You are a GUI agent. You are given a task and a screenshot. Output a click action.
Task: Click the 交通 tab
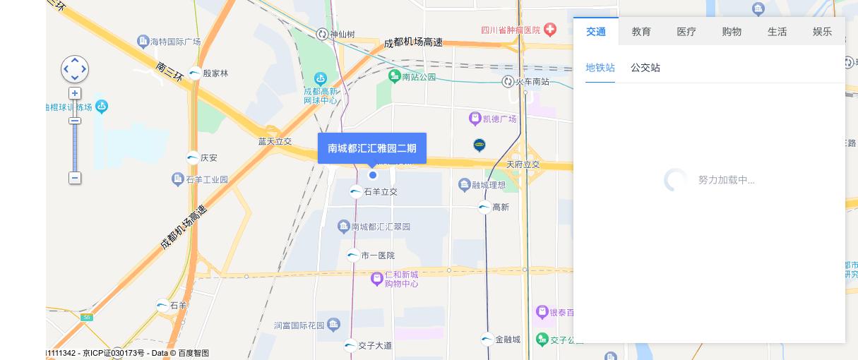pos(596,32)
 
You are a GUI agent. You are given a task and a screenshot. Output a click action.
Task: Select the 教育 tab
pos(641,32)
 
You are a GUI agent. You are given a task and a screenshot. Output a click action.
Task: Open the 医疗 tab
pos(686,32)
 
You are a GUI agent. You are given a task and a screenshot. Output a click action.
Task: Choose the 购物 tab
pos(732,32)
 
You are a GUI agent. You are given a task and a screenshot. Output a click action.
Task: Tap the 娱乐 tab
pos(822,32)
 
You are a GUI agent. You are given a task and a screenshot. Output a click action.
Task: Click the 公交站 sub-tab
pos(645,68)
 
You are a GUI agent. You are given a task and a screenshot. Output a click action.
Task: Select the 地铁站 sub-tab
pos(600,68)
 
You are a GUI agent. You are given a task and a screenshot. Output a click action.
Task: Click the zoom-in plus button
pos(75,93)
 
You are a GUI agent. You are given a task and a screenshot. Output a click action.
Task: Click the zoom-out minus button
pos(75,178)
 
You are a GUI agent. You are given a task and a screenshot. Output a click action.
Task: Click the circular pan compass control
pos(75,69)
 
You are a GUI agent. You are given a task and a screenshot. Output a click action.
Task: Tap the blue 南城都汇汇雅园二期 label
pos(372,148)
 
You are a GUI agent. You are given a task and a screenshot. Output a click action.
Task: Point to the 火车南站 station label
pos(532,82)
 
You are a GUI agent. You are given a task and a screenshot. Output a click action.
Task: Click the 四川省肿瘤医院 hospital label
pos(511,30)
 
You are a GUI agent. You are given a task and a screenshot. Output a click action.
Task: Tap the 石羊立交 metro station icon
pos(356,191)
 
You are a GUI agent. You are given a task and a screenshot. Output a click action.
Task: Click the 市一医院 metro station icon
pos(353,256)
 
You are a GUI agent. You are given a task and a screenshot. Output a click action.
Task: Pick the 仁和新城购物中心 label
pos(401,279)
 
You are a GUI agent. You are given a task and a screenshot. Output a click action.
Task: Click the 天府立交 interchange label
pos(523,164)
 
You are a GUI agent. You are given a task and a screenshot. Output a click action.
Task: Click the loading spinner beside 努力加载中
pos(675,180)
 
